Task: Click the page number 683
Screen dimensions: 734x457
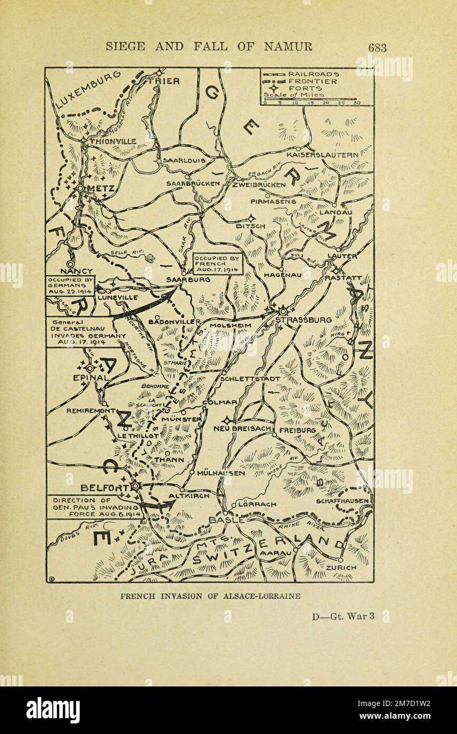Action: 377,48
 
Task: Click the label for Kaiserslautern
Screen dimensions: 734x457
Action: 322,155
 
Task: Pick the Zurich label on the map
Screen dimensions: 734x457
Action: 340,567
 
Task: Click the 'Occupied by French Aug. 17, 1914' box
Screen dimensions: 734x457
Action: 216,263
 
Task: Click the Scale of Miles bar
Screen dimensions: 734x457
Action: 311,99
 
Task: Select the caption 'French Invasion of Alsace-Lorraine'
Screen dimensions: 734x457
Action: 210,596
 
